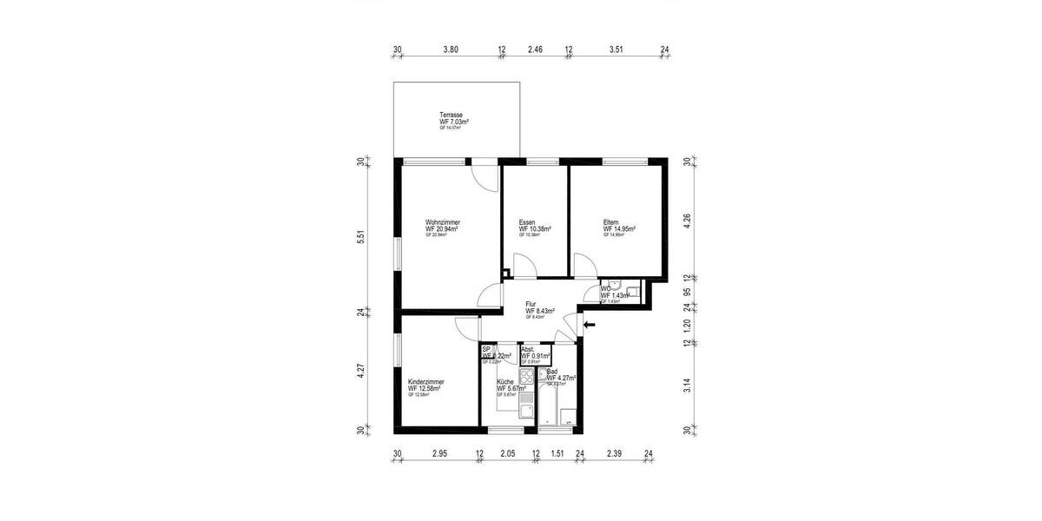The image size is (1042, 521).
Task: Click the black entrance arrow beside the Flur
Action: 589,325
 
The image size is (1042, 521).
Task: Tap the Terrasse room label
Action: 451,115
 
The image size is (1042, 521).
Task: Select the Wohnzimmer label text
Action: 442,221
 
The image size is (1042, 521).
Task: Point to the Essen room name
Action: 527,221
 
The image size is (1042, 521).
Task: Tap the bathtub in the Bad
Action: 550,404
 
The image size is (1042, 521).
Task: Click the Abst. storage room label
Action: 529,348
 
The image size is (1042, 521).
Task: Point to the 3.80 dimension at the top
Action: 450,50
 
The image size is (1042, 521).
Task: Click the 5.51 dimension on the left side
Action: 360,236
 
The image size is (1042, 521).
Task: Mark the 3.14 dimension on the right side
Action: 686,386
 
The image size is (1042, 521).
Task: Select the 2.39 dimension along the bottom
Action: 613,453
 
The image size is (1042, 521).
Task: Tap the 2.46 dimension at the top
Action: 535,50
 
